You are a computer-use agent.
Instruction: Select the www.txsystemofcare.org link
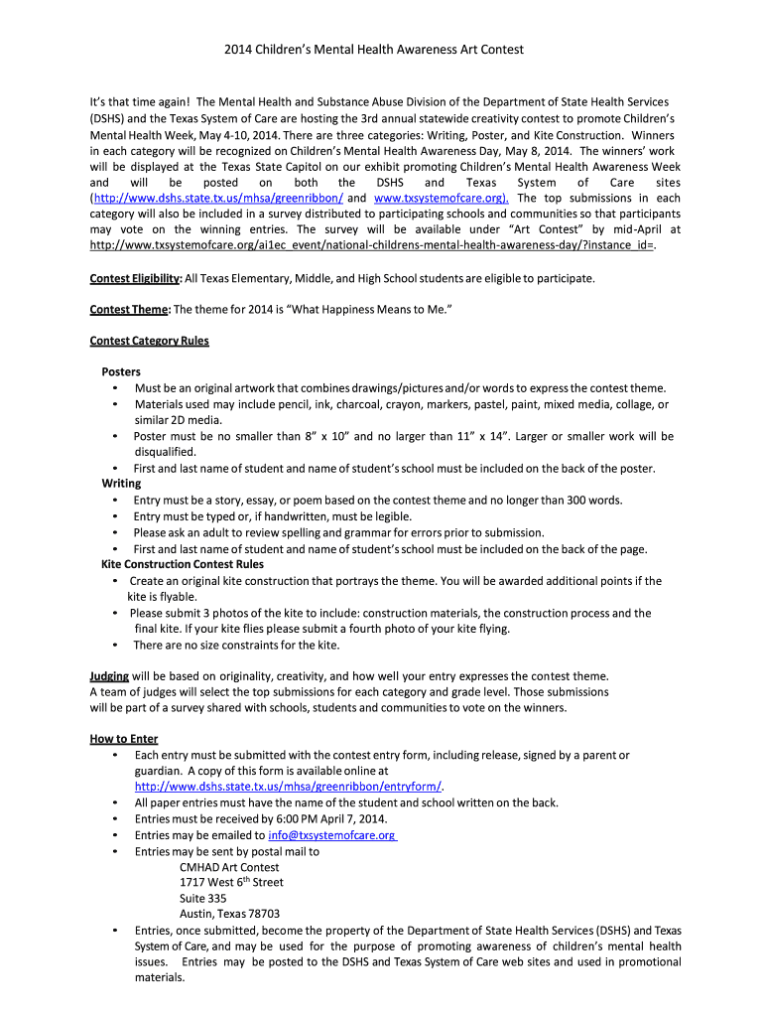tap(441, 198)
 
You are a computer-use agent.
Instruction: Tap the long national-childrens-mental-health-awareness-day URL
tap(372, 244)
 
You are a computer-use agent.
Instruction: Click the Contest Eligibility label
tap(135, 278)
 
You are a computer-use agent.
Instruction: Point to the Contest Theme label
tap(129, 310)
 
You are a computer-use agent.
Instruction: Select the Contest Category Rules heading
tap(149, 341)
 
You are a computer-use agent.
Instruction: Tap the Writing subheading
tap(121, 484)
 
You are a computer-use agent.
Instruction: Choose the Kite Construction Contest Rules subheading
tap(183, 564)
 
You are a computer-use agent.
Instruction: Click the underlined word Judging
tap(109, 676)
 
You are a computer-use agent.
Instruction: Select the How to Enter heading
tap(124, 739)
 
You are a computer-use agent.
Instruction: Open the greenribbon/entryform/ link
tap(289, 787)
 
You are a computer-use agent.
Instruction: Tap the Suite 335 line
tap(202, 898)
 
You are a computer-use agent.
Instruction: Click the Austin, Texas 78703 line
tap(229, 914)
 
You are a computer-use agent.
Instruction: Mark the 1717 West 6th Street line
tap(231, 882)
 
